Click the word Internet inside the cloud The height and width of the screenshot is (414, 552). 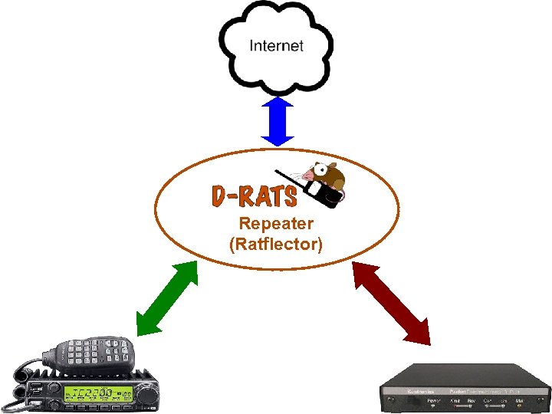coord(277,45)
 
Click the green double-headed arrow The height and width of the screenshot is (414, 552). coord(166,297)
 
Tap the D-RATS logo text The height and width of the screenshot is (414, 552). coord(253,196)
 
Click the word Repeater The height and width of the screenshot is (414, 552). coord(276,224)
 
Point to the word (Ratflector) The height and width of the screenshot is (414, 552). coord(276,245)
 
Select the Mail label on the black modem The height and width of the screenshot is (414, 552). coord(521,399)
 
